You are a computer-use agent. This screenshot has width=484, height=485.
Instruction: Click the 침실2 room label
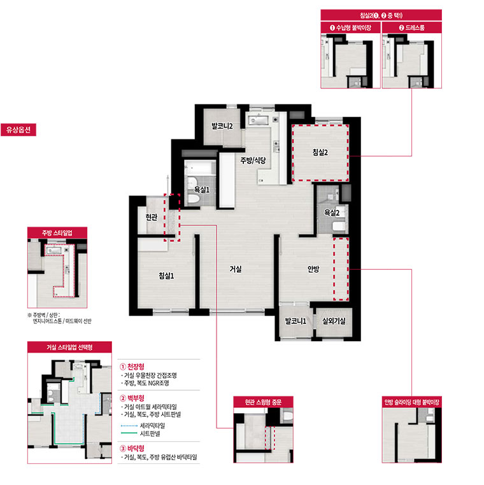click(320, 152)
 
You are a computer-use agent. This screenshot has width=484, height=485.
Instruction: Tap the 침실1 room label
click(166, 276)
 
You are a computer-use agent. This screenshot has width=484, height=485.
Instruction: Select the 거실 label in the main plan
click(236, 269)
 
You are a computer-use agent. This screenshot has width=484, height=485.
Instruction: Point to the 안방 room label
click(313, 269)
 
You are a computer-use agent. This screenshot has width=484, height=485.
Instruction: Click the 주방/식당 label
click(253, 160)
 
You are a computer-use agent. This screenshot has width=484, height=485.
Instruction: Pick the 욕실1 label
click(202, 190)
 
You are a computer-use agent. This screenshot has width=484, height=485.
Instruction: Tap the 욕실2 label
click(332, 213)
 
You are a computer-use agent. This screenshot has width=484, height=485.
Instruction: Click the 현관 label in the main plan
click(152, 217)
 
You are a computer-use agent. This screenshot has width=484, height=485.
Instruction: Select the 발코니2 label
click(222, 126)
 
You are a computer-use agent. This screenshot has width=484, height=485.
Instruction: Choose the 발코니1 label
click(295, 321)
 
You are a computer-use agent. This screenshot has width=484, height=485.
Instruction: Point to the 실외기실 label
click(334, 321)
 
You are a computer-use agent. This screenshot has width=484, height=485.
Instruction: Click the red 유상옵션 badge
click(18, 130)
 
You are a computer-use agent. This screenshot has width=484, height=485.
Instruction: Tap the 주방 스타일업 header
click(57, 232)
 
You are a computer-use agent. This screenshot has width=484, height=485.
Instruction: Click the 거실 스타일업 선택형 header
click(69, 347)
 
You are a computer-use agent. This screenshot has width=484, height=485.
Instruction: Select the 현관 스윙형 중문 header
click(264, 402)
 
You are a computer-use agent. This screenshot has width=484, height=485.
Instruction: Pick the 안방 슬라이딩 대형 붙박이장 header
click(412, 402)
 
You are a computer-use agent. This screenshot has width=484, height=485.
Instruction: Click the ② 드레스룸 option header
click(412, 27)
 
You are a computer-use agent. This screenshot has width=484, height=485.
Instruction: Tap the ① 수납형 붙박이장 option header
click(351, 27)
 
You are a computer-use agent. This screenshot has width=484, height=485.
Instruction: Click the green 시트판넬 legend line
click(129, 433)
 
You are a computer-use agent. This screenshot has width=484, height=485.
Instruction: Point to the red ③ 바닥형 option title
click(132, 449)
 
